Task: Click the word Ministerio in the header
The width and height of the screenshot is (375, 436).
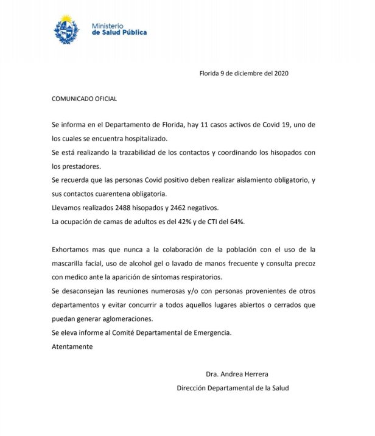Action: pos(108,26)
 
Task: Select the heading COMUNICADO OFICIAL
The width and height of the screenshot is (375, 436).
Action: pos(84,99)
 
